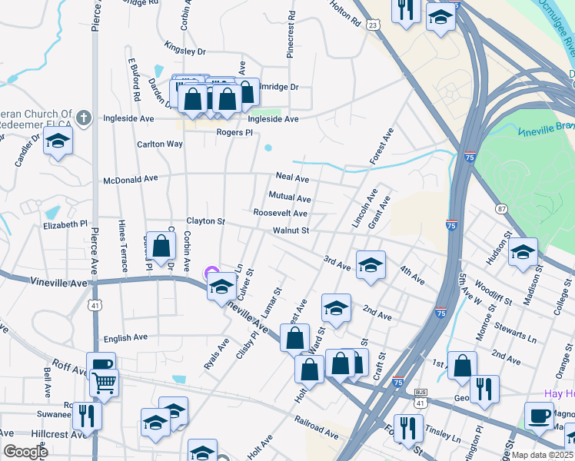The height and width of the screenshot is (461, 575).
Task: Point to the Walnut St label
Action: (291, 230)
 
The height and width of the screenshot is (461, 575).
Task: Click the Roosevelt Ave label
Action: (281, 214)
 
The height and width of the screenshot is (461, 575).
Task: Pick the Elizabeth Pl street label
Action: (66, 225)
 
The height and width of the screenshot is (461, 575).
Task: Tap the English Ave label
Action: (125, 337)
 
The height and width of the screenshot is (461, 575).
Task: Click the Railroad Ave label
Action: (316, 428)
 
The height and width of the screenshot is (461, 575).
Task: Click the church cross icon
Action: (85, 118)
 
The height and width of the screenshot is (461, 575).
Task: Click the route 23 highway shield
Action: (373, 25)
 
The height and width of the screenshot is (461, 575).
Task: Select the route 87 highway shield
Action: (501, 209)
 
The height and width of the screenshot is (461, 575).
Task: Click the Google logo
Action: (25, 452)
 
